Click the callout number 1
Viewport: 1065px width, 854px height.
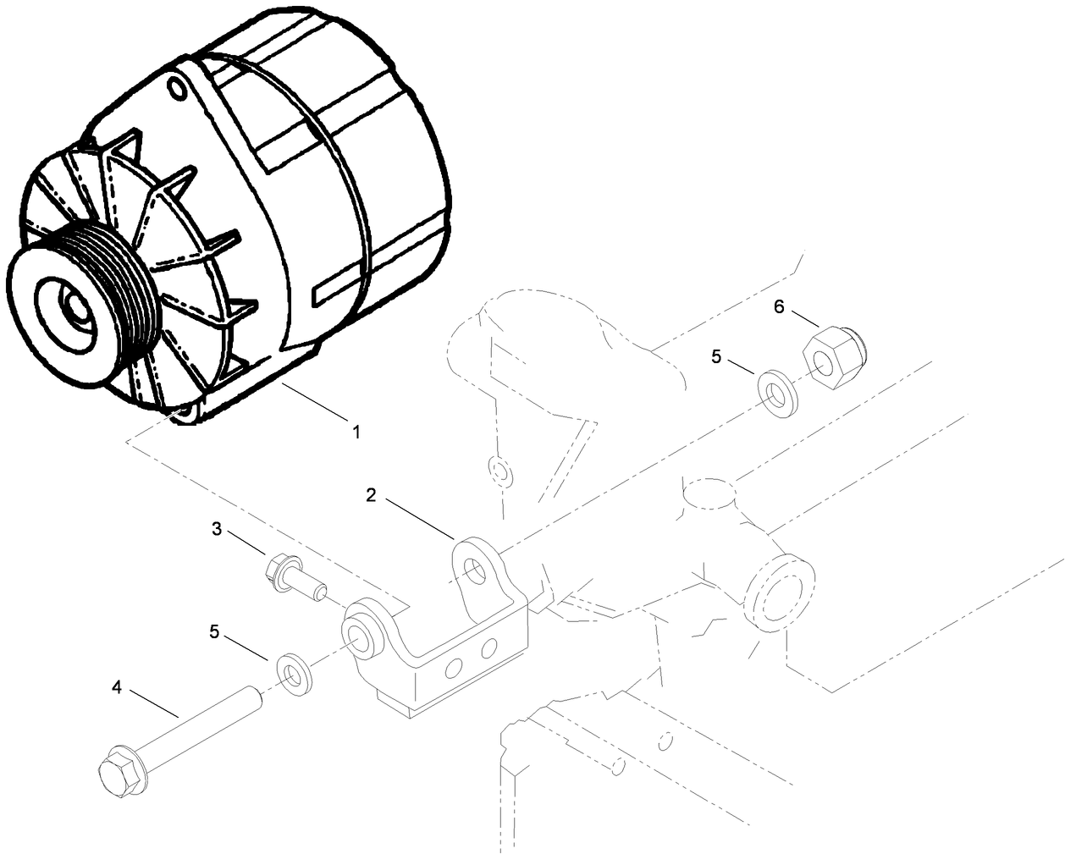tap(356, 432)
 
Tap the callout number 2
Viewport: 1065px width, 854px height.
tap(371, 494)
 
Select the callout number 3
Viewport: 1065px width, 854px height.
tap(217, 530)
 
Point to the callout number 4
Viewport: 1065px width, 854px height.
tap(117, 687)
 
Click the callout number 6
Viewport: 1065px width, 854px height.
tap(779, 306)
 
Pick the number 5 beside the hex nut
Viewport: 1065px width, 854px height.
tap(716, 356)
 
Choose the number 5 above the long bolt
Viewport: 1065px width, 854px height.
tap(214, 631)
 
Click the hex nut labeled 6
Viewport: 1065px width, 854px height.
tap(826, 361)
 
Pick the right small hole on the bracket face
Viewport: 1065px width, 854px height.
tap(488, 649)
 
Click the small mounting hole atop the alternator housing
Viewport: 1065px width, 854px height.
tap(177, 87)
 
